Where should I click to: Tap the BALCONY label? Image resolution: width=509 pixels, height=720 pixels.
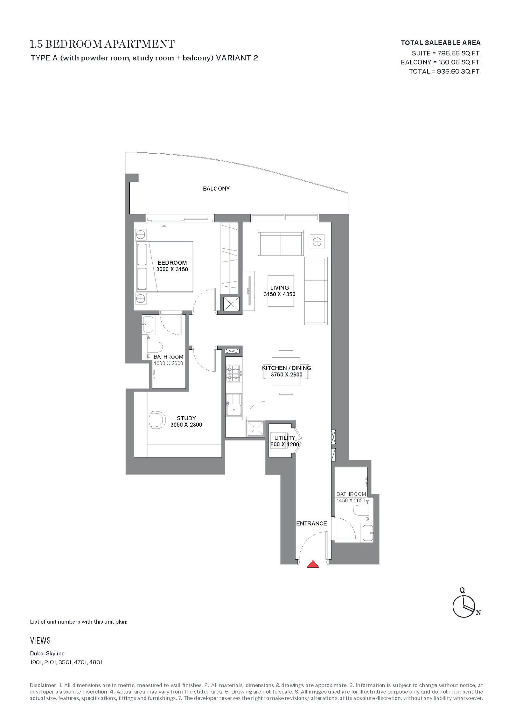pyautogui.click(x=216, y=189)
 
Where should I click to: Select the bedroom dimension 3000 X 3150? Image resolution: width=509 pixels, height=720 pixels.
pyautogui.click(x=172, y=269)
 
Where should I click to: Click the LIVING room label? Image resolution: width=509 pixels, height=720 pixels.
pyautogui.click(x=280, y=288)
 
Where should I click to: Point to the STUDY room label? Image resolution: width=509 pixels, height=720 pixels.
pyautogui.click(x=186, y=418)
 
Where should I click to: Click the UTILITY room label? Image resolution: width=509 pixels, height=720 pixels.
pyautogui.click(x=285, y=438)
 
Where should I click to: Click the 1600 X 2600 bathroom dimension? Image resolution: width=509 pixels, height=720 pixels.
pyautogui.click(x=168, y=363)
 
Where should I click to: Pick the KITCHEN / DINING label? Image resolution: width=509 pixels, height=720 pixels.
pyautogui.click(x=286, y=368)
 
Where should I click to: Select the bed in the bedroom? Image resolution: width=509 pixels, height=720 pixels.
pyautogui.click(x=164, y=266)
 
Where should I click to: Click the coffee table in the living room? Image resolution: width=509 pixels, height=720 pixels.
pyautogui.click(x=281, y=291)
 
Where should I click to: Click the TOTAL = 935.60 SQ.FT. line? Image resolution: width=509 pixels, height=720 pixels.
pyautogui.click(x=445, y=72)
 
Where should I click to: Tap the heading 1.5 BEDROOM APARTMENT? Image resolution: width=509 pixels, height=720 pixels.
pyautogui.click(x=102, y=44)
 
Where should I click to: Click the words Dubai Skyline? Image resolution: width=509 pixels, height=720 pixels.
pyautogui.click(x=47, y=654)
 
